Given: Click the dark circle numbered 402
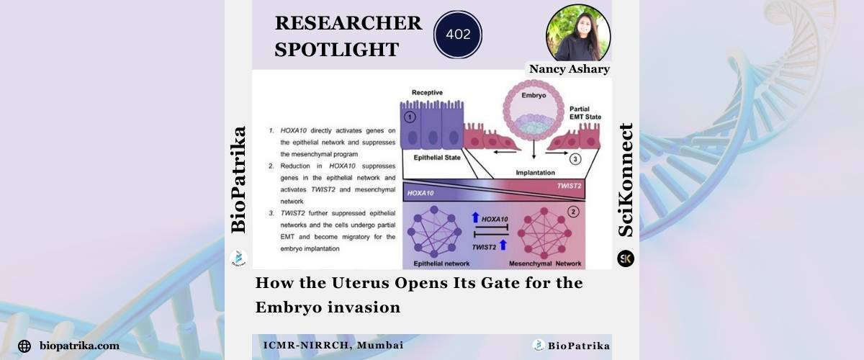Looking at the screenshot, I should click(x=458, y=34).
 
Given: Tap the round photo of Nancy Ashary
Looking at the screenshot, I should click(x=578, y=33).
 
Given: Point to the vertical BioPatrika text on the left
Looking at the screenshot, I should click(x=238, y=179).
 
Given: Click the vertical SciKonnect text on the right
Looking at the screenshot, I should click(x=626, y=180).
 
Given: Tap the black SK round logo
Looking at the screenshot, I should click(x=626, y=258).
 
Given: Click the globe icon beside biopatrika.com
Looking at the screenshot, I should click(x=24, y=346).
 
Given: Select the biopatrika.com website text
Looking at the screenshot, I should click(x=80, y=346).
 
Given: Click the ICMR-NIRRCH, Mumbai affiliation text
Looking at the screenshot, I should click(x=333, y=346).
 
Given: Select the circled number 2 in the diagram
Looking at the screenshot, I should click(x=572, y=212).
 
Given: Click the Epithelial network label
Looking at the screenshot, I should click(x=431, y=263).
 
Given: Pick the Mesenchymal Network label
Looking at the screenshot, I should click(x=553, y=263).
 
